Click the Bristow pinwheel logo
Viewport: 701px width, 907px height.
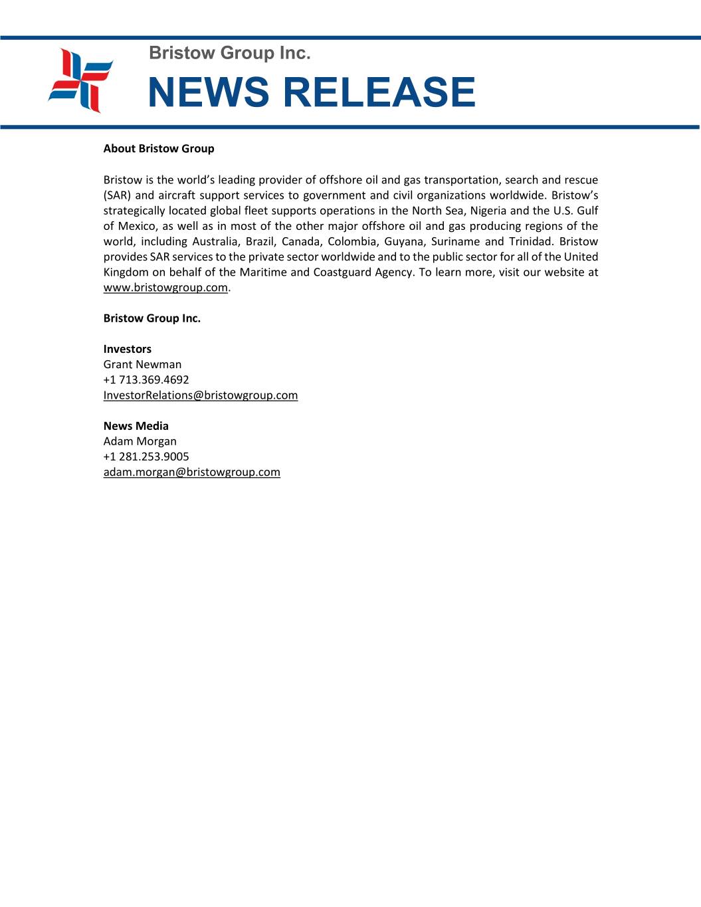click(x=80, y=81)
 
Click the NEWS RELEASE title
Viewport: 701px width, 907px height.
click(x=311, y=92)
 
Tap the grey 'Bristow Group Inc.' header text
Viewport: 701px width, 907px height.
click(x=229, y=53)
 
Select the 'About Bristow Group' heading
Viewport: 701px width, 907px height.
click(x=159, y=149)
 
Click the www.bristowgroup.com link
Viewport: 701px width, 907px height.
click(x=165, y=288)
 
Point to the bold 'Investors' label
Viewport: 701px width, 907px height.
click(x=127, y=349)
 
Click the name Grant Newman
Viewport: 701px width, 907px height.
click(x=142, y=364)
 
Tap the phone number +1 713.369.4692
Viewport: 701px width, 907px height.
click(x=146, y=379)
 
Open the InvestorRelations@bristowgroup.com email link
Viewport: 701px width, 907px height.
click(x=200, y=395)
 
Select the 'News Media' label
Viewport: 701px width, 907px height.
click(x=136, y=426)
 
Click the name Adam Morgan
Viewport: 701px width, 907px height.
click(x=140, y=441)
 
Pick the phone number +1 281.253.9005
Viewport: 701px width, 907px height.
click(x=146, y=456)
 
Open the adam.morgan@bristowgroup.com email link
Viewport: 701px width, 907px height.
click(x=191, y=472)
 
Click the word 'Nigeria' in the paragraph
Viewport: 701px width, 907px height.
click(x=488, y=211)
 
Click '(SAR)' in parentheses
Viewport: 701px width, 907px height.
click(x=116, y=195)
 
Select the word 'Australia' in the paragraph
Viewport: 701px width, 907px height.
click(x=215, y=241)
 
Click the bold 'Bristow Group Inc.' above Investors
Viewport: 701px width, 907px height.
click(x=151, y=318)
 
